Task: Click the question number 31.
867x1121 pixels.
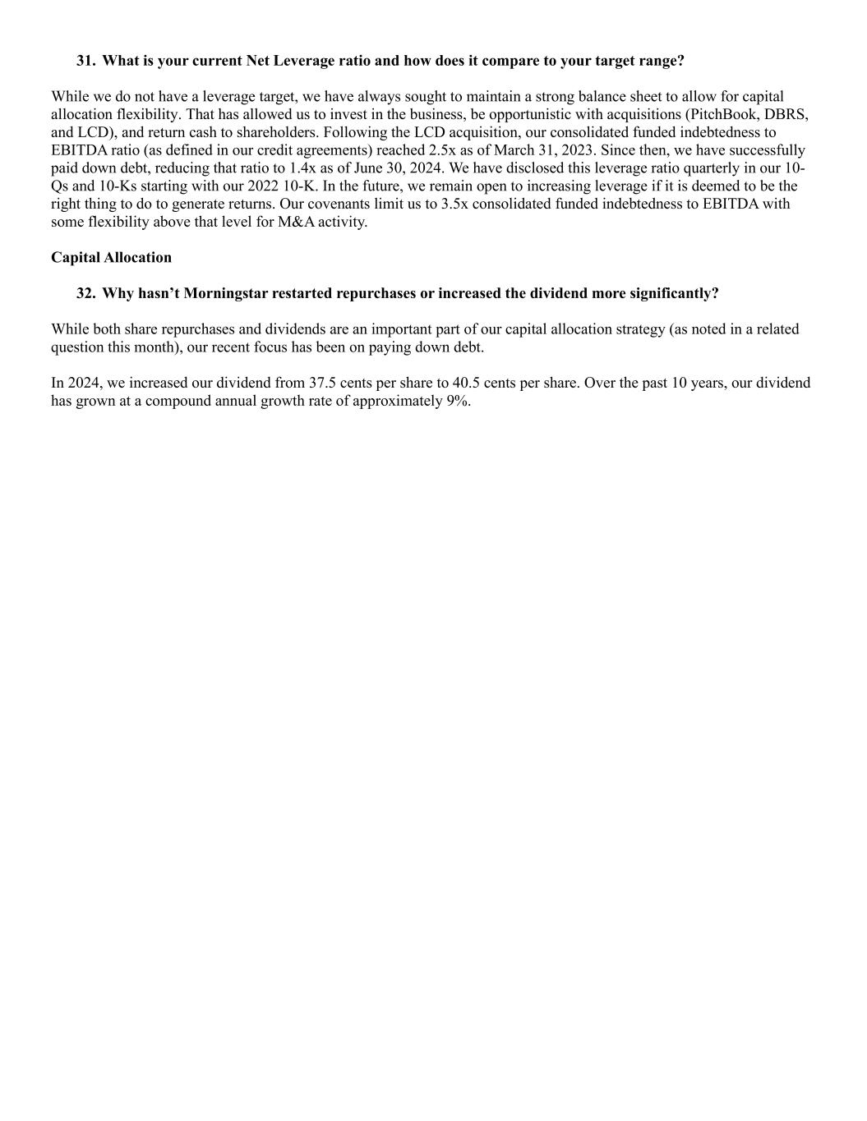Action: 85,61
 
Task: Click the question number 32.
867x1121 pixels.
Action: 85,293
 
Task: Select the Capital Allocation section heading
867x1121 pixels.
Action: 111,257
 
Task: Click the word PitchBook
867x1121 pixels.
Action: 724,114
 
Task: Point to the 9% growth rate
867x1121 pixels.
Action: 458,401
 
